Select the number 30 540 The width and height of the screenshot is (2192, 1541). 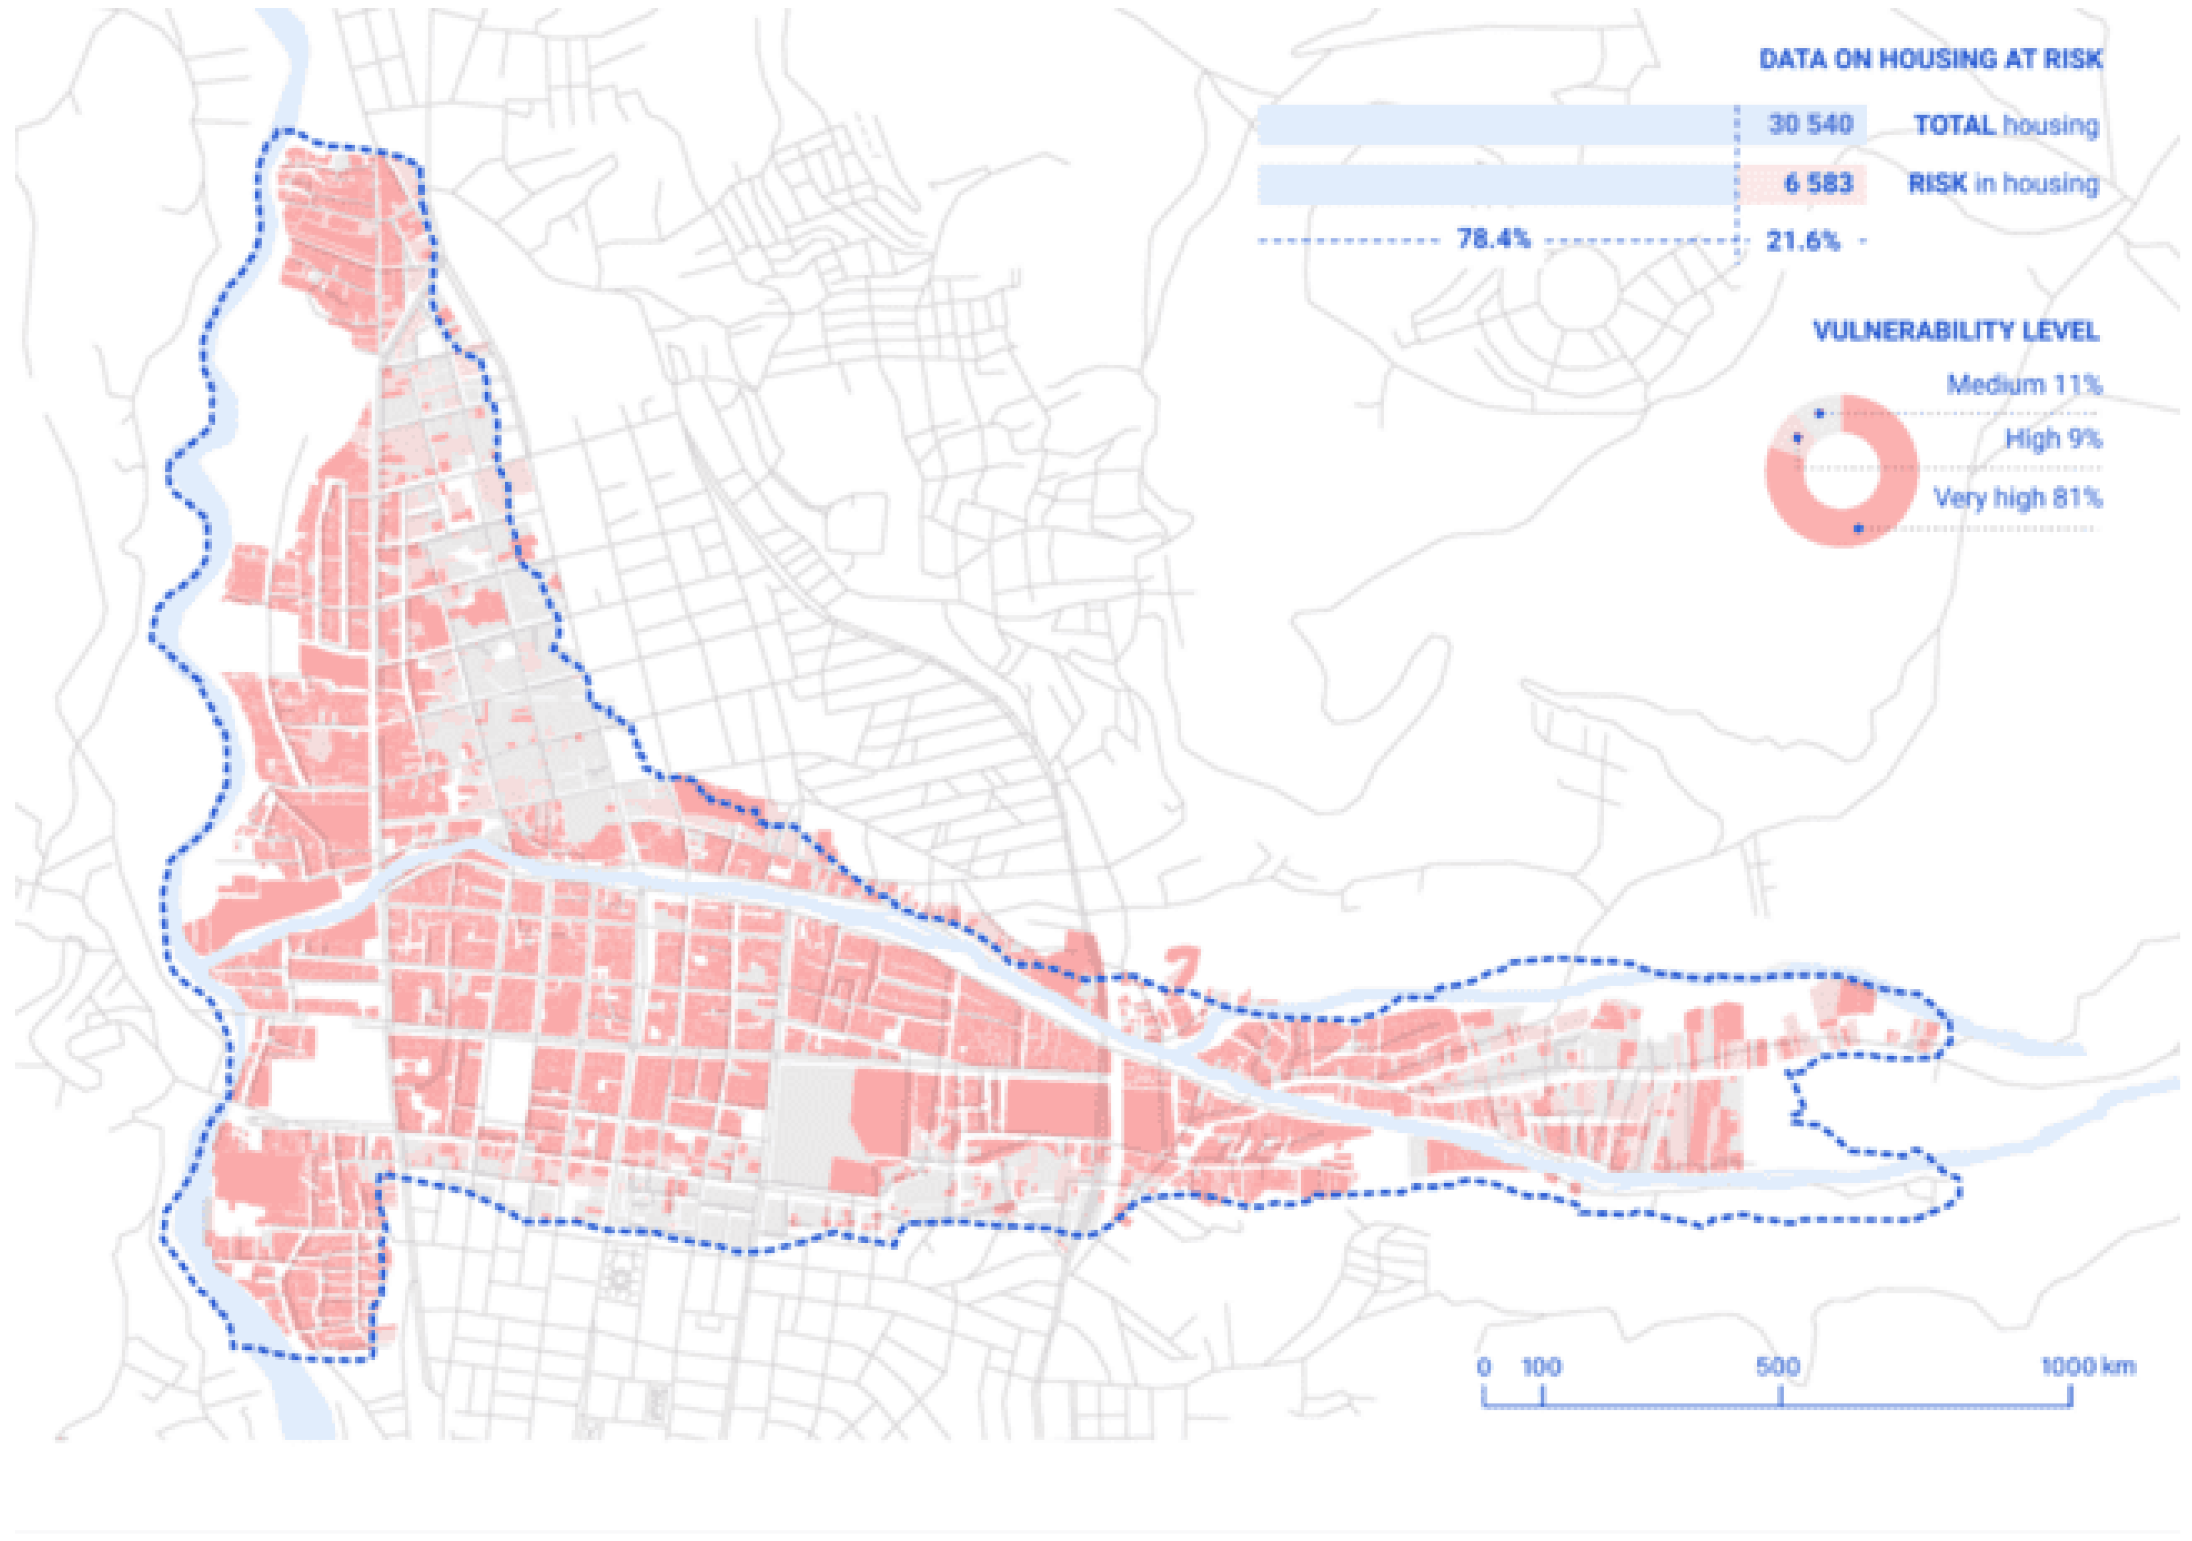coord(1810,124)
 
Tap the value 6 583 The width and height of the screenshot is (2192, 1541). coord(1818,183)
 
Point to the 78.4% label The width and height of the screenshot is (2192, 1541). coord(1493,239)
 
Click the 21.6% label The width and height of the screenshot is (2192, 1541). coord(1801,240)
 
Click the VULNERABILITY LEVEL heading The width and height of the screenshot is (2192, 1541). coord(1955,331)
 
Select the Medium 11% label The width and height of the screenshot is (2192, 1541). coord(2024,385)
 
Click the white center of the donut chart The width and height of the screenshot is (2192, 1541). coord(1841,470)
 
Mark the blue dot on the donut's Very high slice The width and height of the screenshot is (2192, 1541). coord(1858,528)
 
